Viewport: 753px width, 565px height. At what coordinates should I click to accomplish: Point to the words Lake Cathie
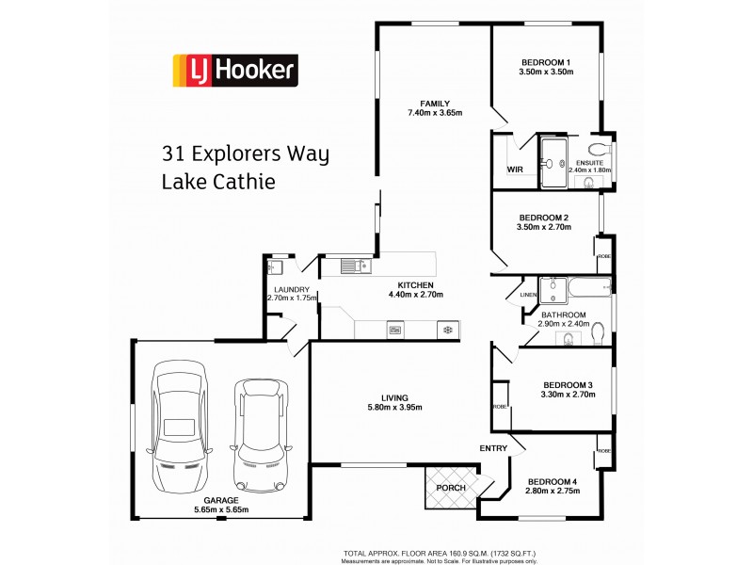tap(219, 181)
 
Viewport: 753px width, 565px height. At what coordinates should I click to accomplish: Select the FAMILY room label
tap(435, 104)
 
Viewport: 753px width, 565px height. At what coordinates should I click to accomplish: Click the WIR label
tap(515, 169)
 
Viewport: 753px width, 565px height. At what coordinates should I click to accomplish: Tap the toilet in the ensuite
tap(597, 151)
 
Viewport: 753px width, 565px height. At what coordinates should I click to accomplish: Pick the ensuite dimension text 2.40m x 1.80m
tap(589, 170)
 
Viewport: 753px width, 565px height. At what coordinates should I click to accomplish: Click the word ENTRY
tap(493, 448)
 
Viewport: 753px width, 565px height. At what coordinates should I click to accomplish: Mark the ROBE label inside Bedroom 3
tap(498, 406)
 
